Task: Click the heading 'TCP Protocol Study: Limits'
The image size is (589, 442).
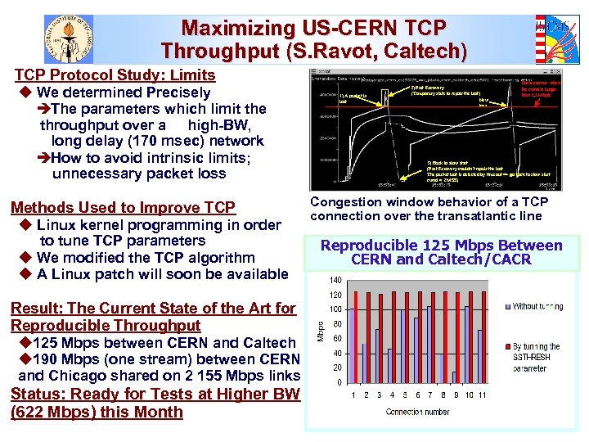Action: point(115,75)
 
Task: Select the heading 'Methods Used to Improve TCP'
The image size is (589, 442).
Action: point(122,208)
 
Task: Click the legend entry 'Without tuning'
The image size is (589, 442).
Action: point(537,307)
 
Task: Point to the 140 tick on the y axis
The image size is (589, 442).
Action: point(336,281)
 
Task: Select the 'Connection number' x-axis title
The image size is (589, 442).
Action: point(418,412)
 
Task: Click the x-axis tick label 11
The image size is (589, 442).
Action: point(482,395)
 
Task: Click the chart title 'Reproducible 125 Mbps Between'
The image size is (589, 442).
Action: point(441,246)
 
